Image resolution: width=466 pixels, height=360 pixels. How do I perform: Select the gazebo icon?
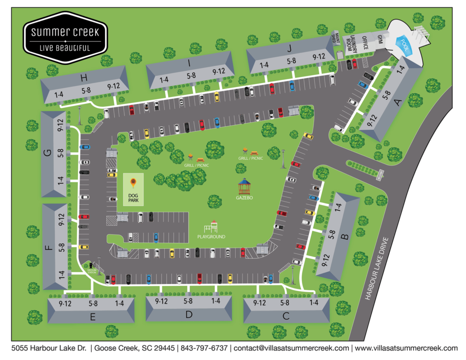click(244, 186)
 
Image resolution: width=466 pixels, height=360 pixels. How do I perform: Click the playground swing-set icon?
click(211, 226)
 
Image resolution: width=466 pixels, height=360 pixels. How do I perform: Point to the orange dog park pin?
click(133, 183)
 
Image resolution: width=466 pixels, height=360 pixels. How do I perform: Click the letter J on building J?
click(289, 47)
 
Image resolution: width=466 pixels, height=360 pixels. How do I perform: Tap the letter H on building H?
click(84, 78)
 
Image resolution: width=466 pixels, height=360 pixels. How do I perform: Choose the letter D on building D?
click(189, 314)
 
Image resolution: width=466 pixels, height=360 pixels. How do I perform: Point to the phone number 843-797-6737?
click(204, 348)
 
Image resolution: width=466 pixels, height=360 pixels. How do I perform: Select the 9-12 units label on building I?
click(219, 71)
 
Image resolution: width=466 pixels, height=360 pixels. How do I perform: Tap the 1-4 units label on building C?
click(314, 303)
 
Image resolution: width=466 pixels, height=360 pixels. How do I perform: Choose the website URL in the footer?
click(406, 348)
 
